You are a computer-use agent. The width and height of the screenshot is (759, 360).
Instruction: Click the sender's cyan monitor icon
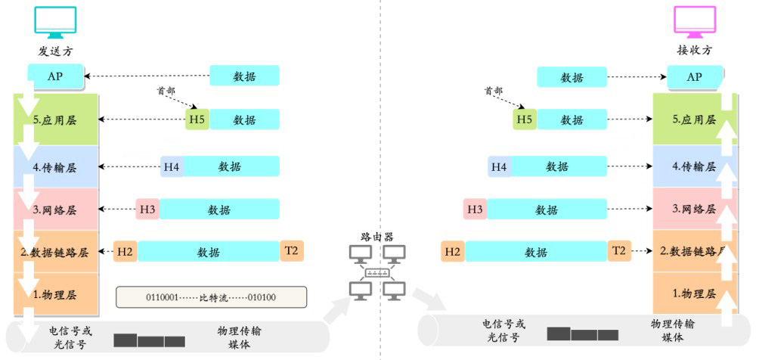pyautogui.click(x=56, y=23)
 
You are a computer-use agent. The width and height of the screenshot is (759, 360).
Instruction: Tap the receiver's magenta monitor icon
pyautogui.click(x=695, y=23)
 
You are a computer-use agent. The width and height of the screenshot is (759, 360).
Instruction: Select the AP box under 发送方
pyautogui.click(x=55, y=76)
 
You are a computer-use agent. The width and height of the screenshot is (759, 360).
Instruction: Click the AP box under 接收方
pyautogui.click(x=695, y=76)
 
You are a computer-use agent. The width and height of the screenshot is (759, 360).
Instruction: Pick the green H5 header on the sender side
pyautogui.click(x=197, y=119)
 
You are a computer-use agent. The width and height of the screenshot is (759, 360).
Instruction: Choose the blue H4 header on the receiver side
pyautogui.click(x=500, y=166)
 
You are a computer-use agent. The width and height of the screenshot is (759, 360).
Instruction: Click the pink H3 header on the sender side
pyautogui.click(x=147, y=209)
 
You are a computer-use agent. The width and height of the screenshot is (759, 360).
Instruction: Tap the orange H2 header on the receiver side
pyautogui.click(x=453, y=251)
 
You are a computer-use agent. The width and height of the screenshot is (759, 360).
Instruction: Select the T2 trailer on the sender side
pyautogui.click(x=292, y=251)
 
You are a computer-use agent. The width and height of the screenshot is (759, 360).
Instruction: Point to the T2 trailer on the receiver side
pyautogui.click(x=620, y=251)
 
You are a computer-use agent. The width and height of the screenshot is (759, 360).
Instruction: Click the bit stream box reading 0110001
pyautogui.click(x=212, y=297)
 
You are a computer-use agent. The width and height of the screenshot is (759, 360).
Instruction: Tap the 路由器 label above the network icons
pyautogui.click(x=377, y=237)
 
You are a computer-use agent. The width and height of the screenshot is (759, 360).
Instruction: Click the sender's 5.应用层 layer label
pyautogui.click(x=55, y=120)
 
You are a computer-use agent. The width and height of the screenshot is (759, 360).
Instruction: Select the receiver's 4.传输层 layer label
pyautogui.click(x=694, y=167)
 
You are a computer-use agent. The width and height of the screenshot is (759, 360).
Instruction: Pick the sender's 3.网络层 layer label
pyautogui.click(x=55, y=210)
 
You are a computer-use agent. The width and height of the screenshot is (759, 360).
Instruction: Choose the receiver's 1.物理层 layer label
pyautogui.click(x=694, y=293)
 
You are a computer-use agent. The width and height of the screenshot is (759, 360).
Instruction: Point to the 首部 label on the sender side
pyautogui.click(x=166, y=91)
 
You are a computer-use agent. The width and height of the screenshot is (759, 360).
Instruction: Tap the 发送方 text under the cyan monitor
pyautogui.click(x=56, y=51)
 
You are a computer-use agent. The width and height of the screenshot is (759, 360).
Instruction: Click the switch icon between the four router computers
pyautogui.click(x=377, y=273)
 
